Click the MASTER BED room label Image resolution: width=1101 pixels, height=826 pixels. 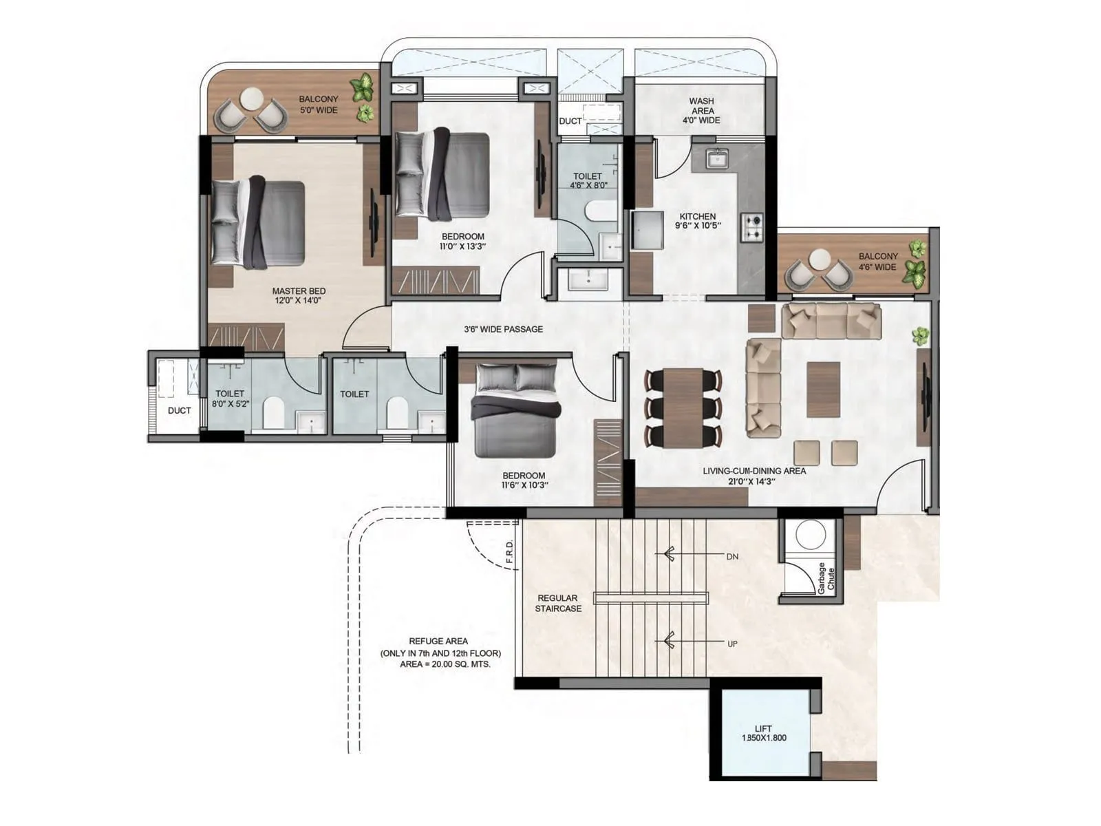pyautogui.click(x=299, y=291)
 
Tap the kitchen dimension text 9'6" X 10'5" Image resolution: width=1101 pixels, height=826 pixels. pyautogui.click(x=697, y=226)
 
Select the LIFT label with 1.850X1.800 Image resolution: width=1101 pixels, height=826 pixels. pyautogui.click(x=763, y=733)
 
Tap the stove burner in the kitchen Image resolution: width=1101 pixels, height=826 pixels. pyautogui.click(x=753, y=226)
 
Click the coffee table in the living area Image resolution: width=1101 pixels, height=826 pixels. pyautogui.click(x=824, y=390)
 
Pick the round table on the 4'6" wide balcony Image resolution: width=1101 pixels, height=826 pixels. pyautogui.click(x=820, y=260)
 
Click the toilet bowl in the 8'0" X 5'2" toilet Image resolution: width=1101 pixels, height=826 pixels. pyautogui.click(x=274, y=412)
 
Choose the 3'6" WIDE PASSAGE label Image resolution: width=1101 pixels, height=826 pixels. pyautogui.click(x=503, y=329)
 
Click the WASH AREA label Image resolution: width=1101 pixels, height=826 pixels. pyautogui.click(x=701, y=110)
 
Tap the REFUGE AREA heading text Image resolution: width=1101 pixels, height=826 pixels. pyautogui.click(x=438, y=641)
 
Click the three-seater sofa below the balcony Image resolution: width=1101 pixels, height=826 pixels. pyautogui.click(x=831, y=321)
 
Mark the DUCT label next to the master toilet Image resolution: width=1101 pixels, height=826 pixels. pyautogui.click(x=179, y=410)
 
